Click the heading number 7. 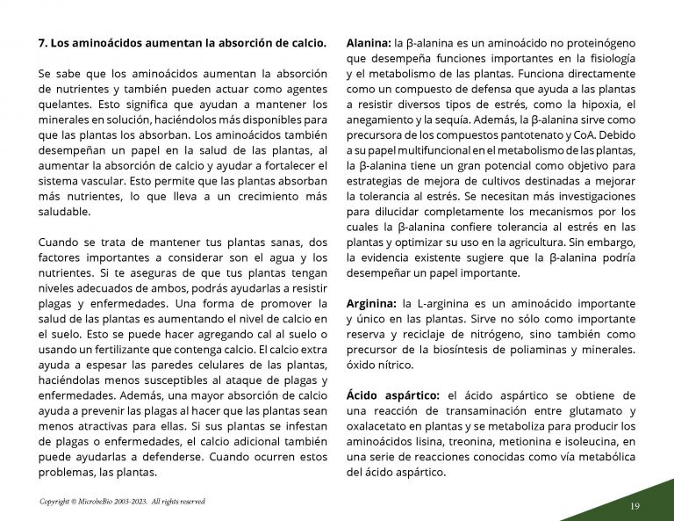(x=43, y=42)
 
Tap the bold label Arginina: (x=370, y=303)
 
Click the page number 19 (x=635, y=506)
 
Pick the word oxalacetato (x=378, y=426)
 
